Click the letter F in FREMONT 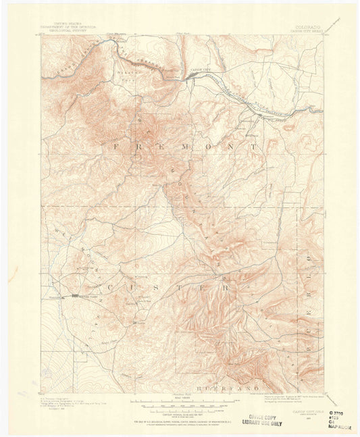[118, 146]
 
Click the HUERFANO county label [219, 390]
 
